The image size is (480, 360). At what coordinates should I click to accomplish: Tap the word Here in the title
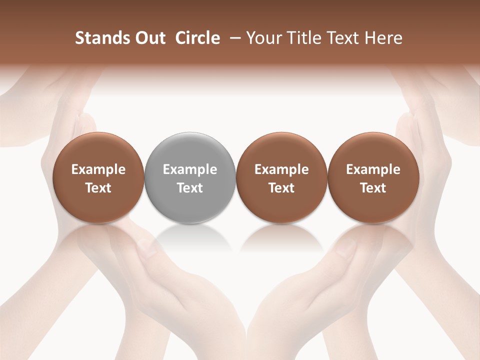click(383, 38)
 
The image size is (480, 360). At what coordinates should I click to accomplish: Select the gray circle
click(190, 150)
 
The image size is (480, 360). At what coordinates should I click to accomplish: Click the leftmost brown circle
click(98, 150)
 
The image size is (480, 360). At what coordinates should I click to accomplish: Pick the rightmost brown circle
click(373, 150)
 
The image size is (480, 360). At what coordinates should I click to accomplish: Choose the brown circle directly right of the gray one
click(281, 150)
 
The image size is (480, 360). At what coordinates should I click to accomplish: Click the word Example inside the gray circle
click(190, 170)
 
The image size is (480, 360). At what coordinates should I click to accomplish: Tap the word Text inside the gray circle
click(190, 188)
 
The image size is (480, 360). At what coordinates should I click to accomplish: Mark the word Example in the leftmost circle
click(98, 170)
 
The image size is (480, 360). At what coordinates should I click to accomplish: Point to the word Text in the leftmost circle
click(98, 188)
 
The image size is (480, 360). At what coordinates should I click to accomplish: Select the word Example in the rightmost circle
click(373, 170)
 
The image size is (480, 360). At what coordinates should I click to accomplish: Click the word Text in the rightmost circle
click(373, 188)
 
